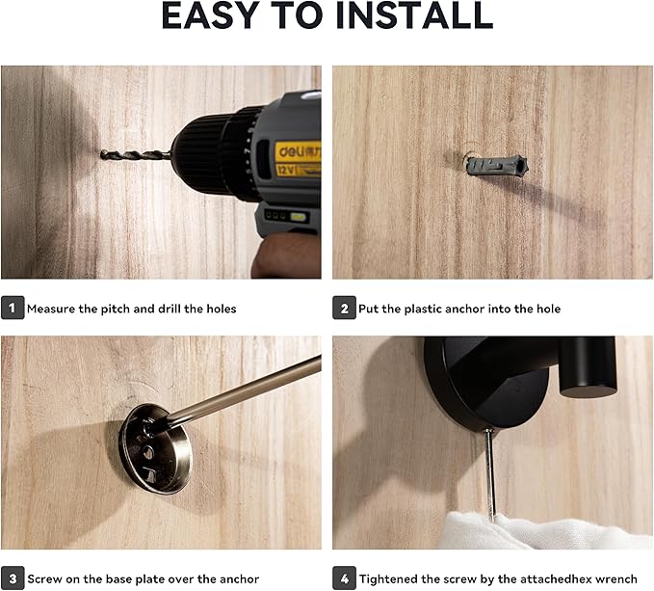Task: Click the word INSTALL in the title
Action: click(x=414, y=15)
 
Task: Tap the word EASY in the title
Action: click(x=208, y=15)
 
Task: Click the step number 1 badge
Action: click(x=13, y=308)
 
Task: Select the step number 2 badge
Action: click(x=344, y=308)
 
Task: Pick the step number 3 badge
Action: click(x=13, y=578)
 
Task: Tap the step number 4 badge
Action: click(x=344, y=578)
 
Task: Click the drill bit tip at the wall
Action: click(x=102, y=154)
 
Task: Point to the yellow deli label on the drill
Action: click(x=299, y=151)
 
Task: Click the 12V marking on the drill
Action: click(x=285, y=170)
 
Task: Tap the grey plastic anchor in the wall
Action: click(x=496, y=165)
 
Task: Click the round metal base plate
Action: click(x=155, y=448)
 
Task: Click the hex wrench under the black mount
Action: click(x=490, y=474)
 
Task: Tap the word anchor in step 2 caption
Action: click(x=464, y=309)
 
